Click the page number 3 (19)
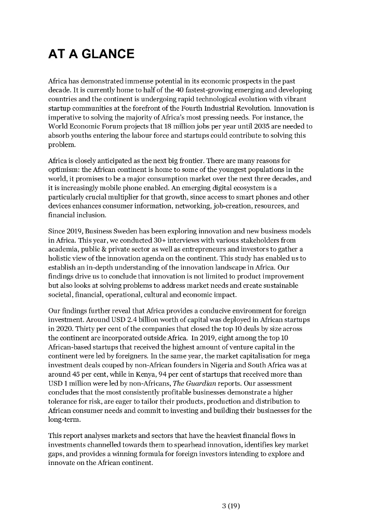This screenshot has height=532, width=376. click(x=230, y=505)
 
